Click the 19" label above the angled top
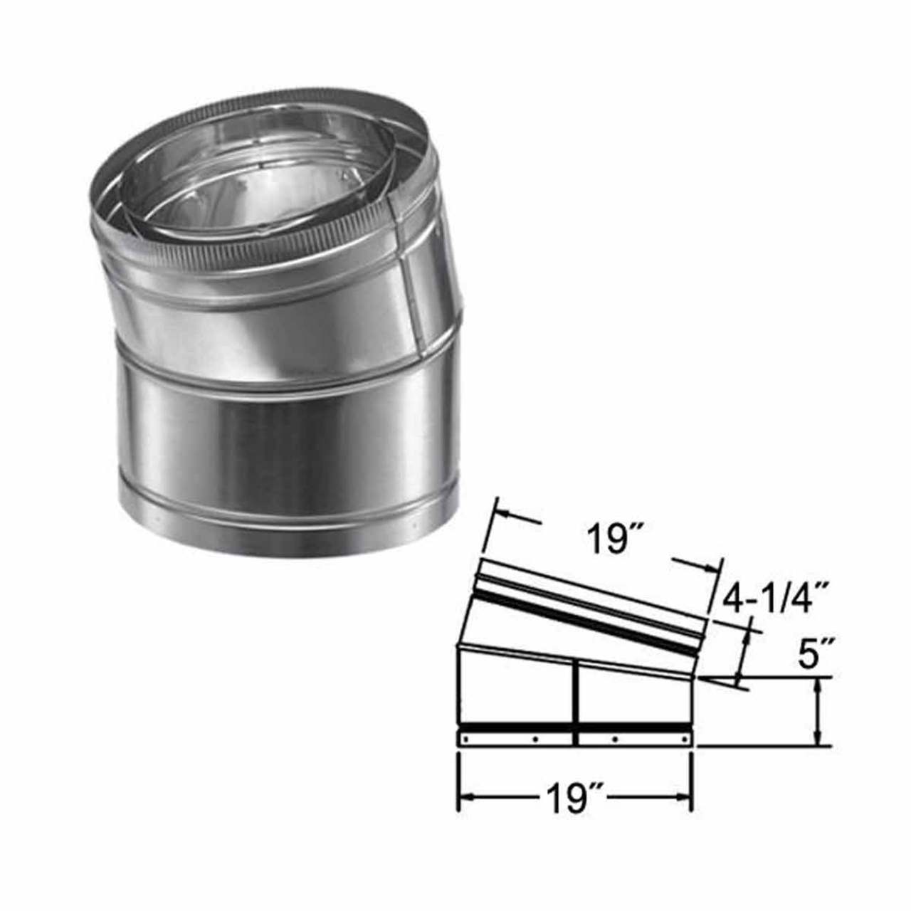(611, 540)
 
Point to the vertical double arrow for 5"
(821, 712)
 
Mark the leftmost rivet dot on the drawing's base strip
(465, 740)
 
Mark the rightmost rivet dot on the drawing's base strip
(683, 740)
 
